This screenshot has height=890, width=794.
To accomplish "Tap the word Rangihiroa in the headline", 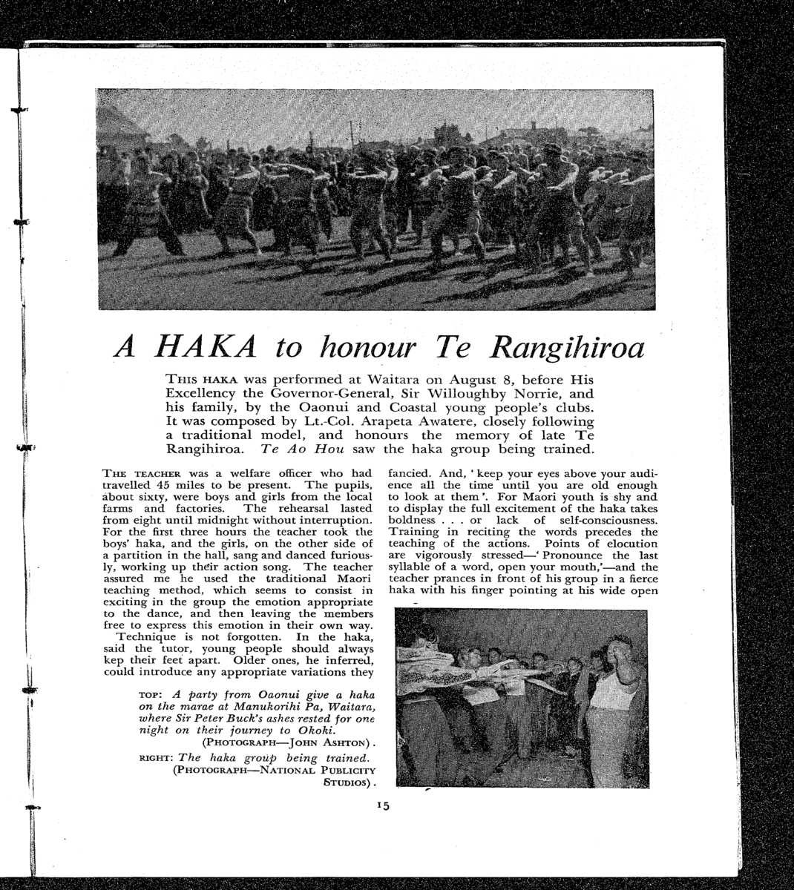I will click(x=568, y=346).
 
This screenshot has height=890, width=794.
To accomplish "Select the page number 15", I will click(x=383, y=805).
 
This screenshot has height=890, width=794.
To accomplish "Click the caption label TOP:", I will click(x=152, y=695).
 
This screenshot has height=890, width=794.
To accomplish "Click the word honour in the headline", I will click(x=367, y=346).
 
